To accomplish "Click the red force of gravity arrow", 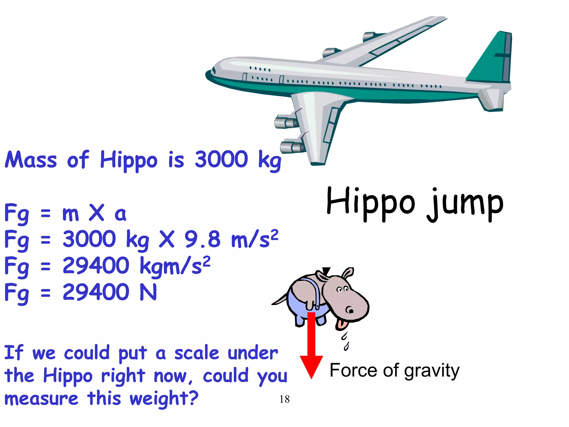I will click(x=311, y=347).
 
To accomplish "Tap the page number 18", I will click(x=284, y=399).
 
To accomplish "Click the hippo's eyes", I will click(x=342, y=289).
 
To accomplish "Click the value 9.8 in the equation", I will click(x=202, y=239).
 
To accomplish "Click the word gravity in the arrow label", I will click(x=432, y=371).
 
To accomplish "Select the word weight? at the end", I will click(x=164, y=399).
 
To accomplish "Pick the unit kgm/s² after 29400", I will click(x=175, y=265).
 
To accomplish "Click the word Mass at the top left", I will click(x=31, y=160).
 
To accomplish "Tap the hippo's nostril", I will click(x=350, y=310).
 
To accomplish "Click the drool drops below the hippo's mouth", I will click(x=345, y=341).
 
